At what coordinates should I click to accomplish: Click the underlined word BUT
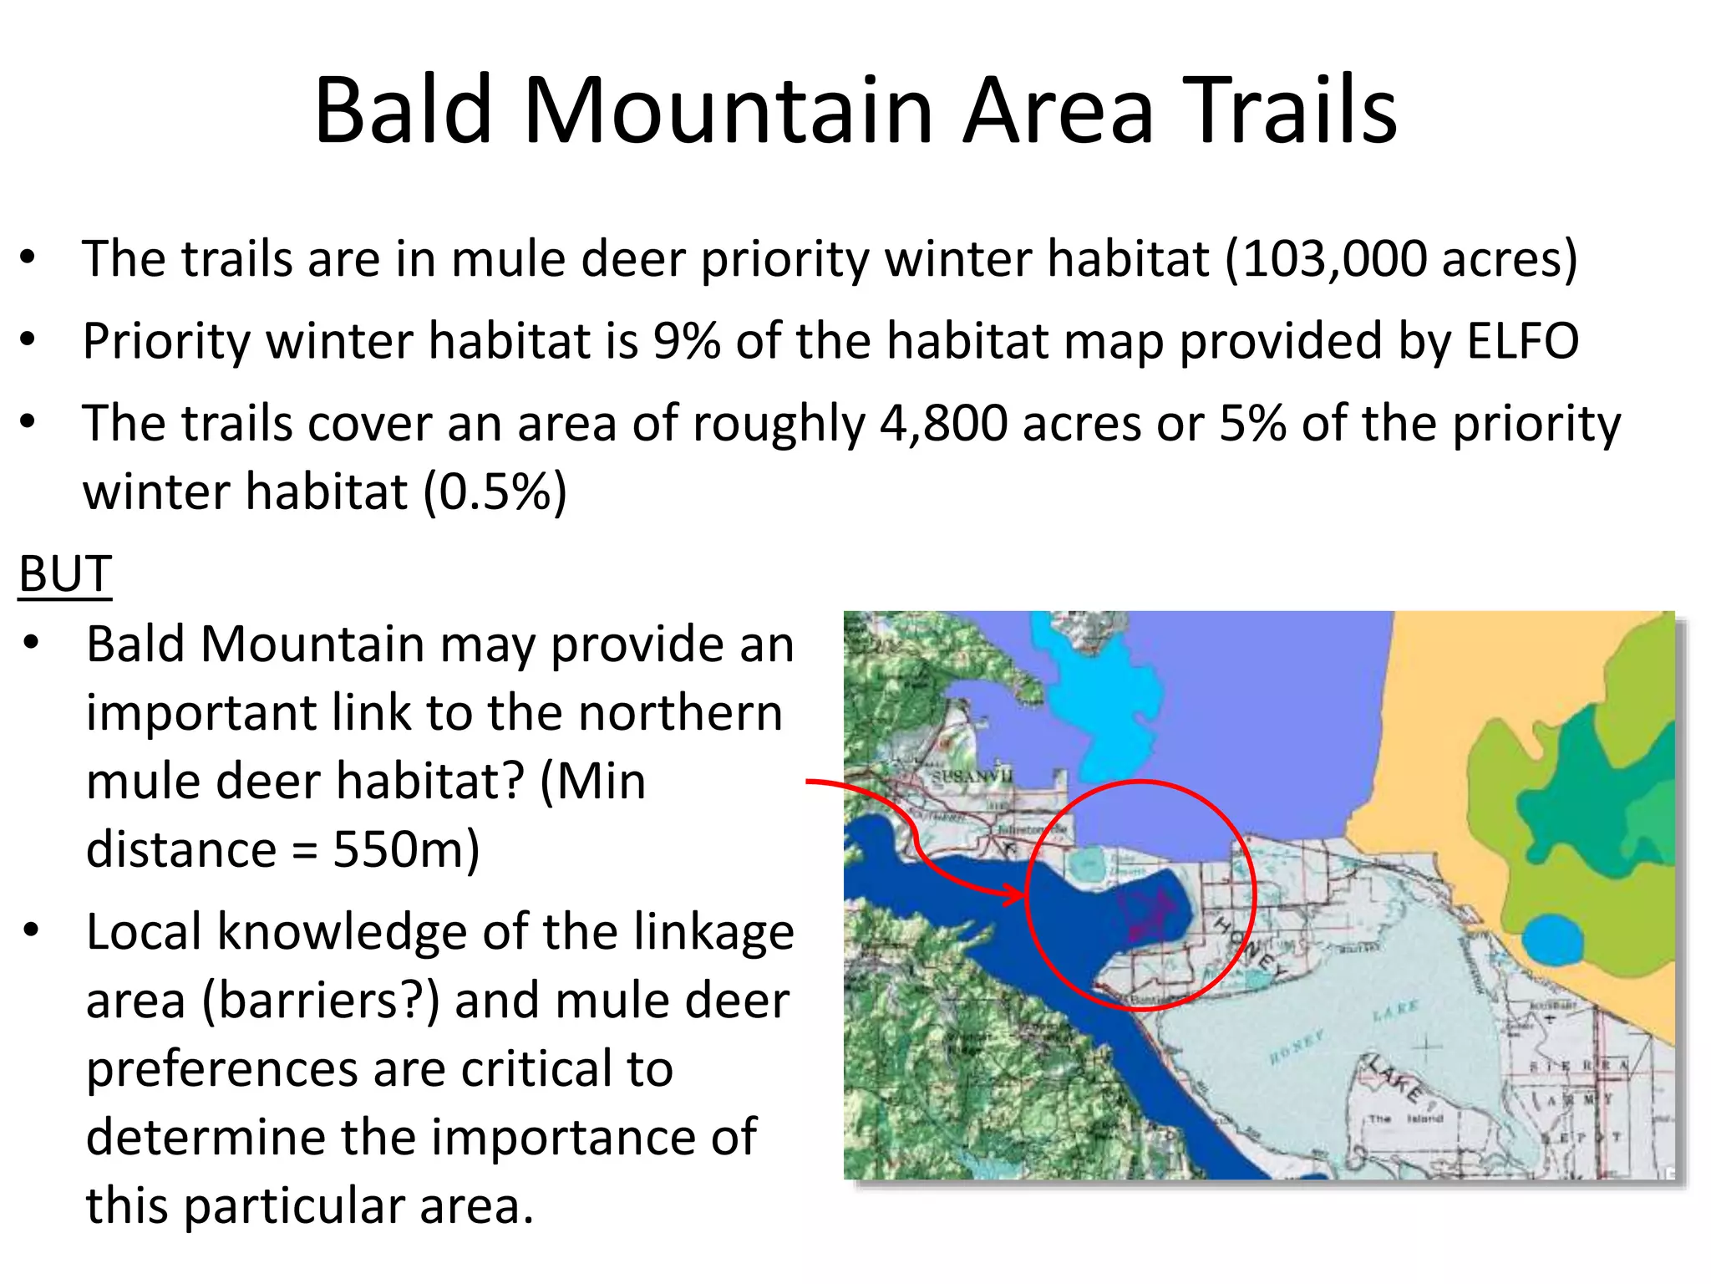click(65, 574)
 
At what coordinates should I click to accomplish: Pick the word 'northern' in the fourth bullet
click(680, 713)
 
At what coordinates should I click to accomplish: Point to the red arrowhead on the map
click(1015, 896)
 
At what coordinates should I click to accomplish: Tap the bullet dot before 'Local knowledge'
click(32, 930)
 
